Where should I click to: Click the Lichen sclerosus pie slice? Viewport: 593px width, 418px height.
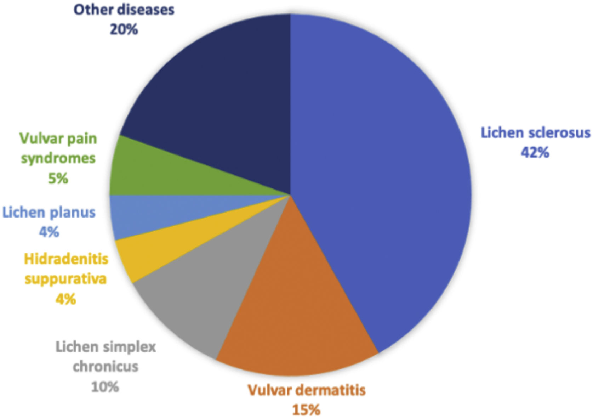[382, 177]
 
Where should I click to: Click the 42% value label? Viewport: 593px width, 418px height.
[535, 153]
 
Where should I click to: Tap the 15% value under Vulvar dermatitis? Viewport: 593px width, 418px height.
[306, 410]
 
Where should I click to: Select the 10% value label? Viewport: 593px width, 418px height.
[105, 387]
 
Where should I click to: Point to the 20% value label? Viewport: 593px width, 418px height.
[124, 29]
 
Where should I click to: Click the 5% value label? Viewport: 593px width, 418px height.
[58, 178]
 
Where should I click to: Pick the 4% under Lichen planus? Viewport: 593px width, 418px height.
[49, 232]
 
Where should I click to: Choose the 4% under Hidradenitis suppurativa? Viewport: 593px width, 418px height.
[65, 299]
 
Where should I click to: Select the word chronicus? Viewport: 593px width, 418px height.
[105, 367]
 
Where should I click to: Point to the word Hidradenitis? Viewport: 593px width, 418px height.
[66, 259]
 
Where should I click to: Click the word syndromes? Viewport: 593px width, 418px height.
[58, 158]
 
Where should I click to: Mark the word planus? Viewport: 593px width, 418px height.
[73, 213]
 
